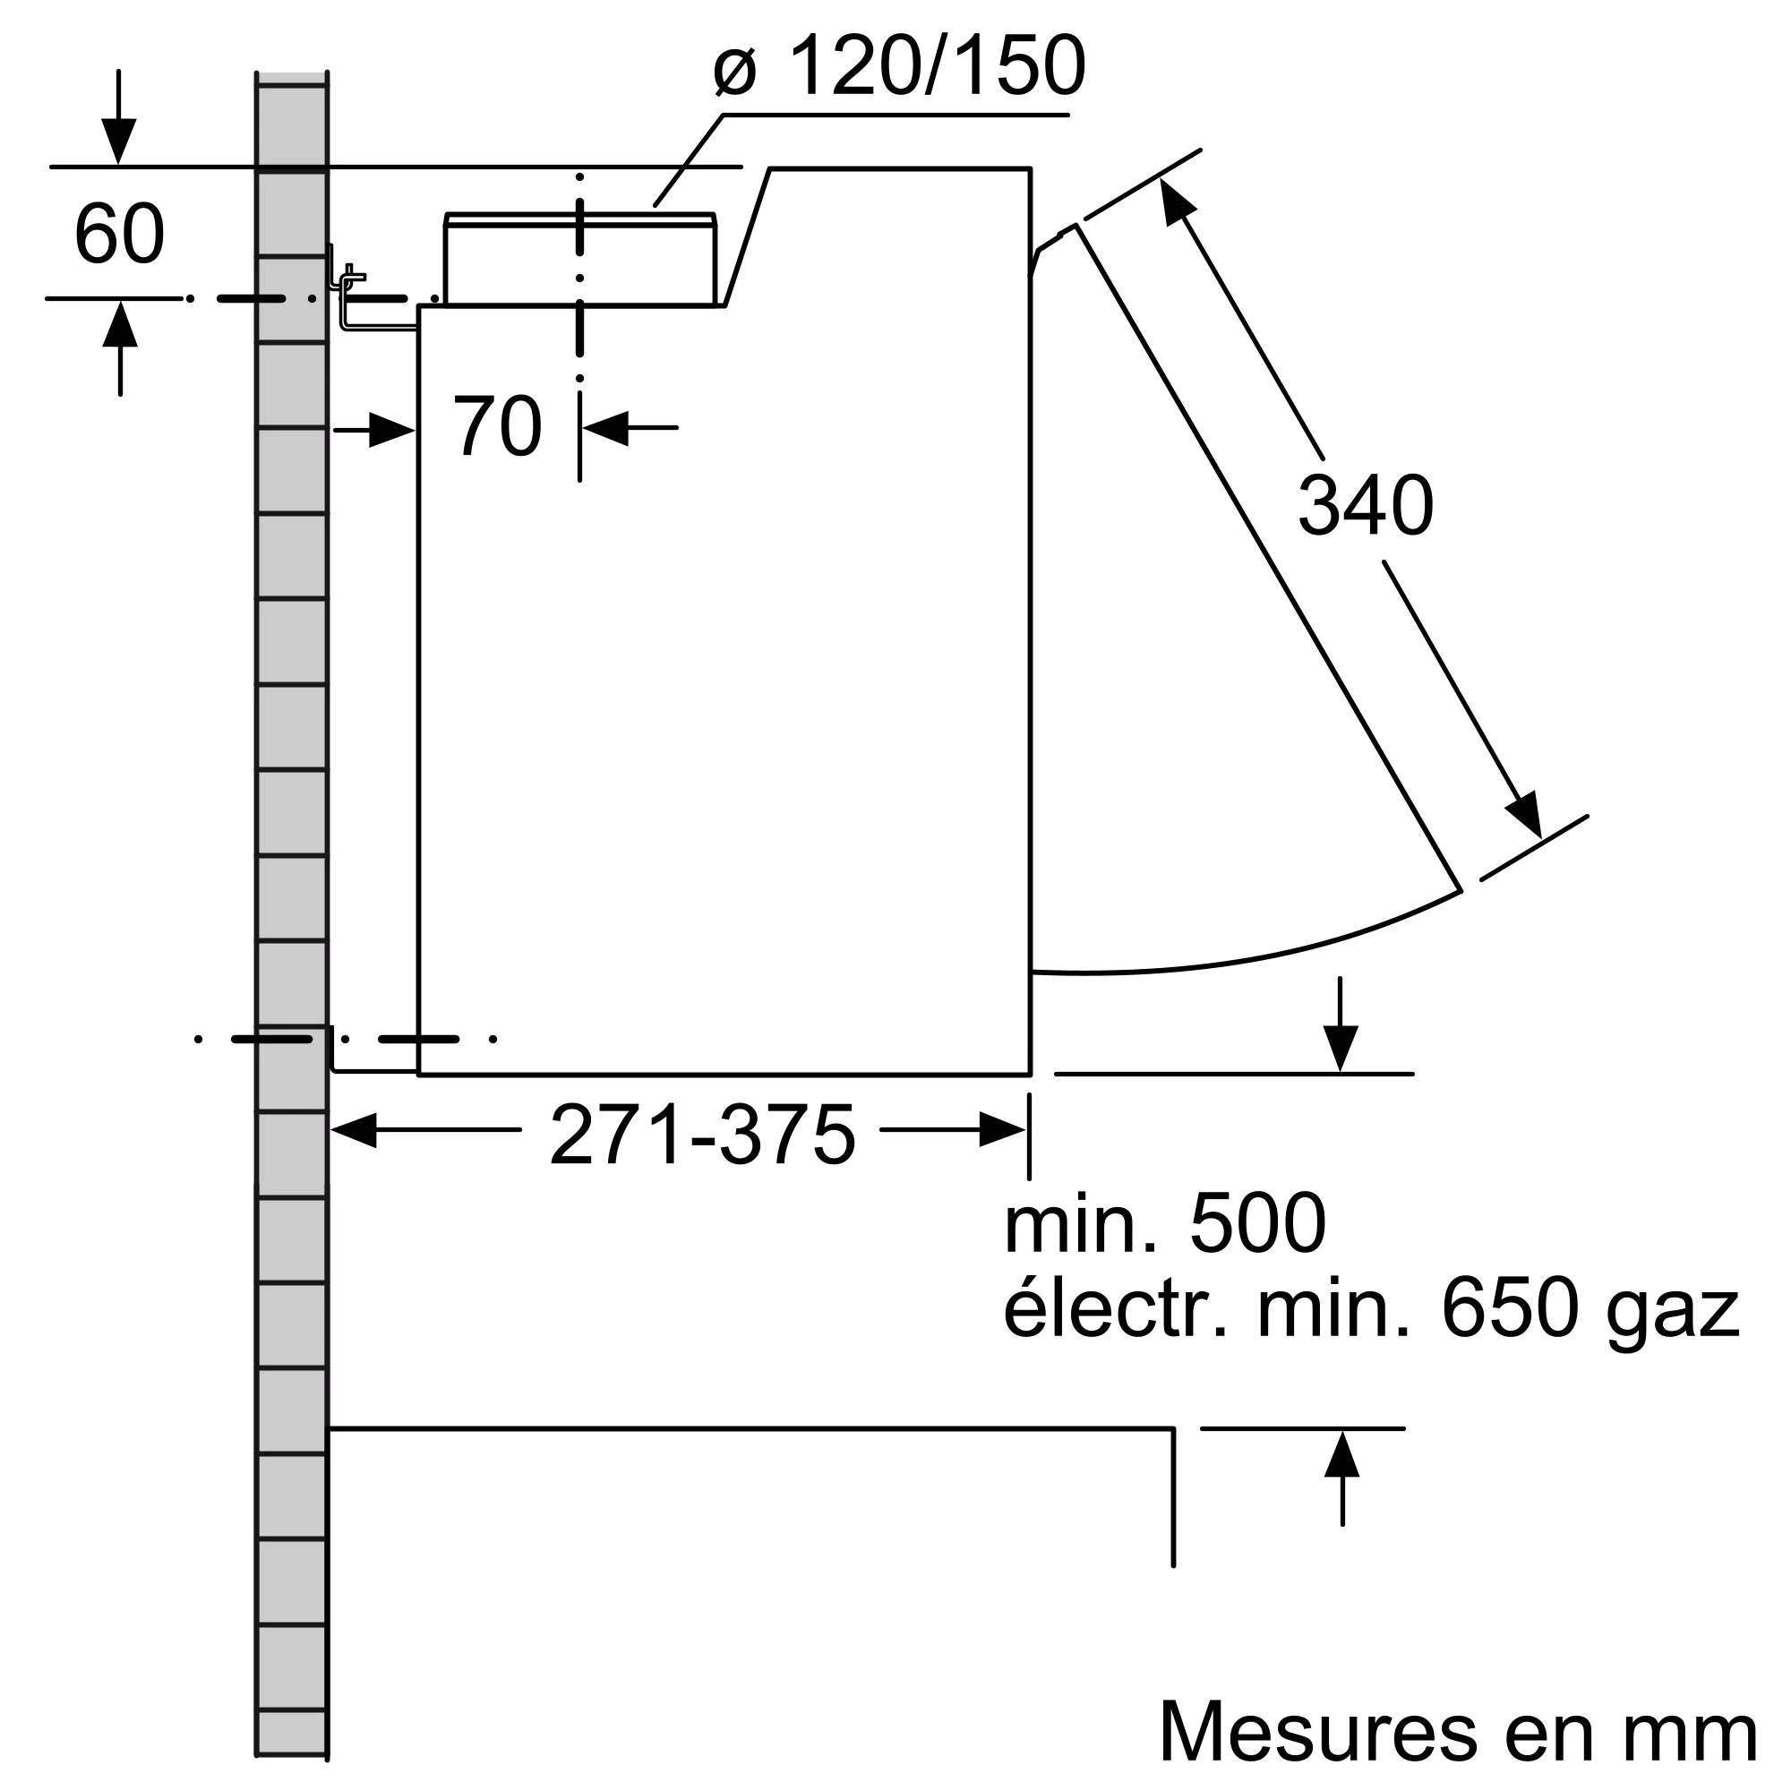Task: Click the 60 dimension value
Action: click(x=119, y=234)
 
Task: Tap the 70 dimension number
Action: click(x=497, y=427)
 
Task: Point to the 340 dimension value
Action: click(x=1365, y=506)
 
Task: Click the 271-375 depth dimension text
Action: click(x=702, y=1136)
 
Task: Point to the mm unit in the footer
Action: click(x=1702, y=1733)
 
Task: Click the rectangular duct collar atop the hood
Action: click(x=580, y=260)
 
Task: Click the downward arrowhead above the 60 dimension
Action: click(x=119, y=141)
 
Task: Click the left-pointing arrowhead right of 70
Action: click(x=606, y=427)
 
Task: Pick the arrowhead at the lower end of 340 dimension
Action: click(x=1525, y=816)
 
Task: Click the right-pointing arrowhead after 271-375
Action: click(x=1001, y=1130)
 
